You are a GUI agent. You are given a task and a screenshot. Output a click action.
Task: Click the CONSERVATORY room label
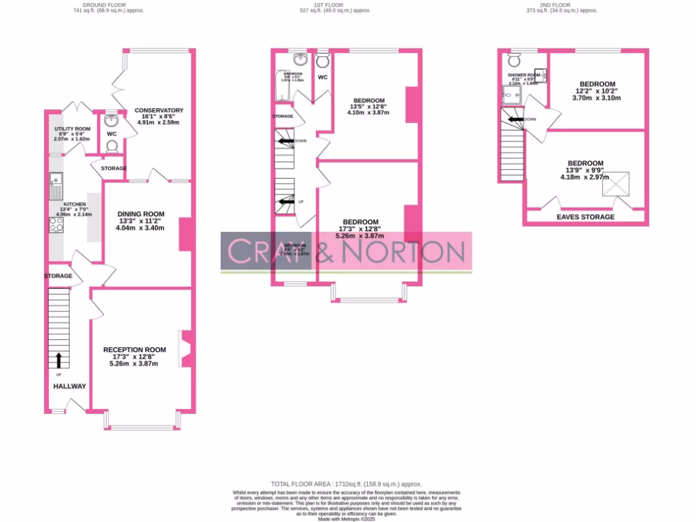(x=159, y=110)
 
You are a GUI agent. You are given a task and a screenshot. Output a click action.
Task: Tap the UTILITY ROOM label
(x=73, y=128)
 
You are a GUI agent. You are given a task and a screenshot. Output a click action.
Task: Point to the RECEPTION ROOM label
(x=135, y=349)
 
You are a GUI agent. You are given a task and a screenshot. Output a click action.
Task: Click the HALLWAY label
(x=70, y=386)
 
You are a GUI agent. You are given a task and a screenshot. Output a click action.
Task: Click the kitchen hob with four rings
(x=56, y=224)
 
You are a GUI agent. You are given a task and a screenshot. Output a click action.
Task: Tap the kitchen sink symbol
(x=55, y=181)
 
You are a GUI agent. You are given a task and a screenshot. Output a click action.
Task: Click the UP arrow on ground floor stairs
(x=58, y=358)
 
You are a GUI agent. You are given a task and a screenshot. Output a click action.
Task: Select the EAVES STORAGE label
(x=585, y=217)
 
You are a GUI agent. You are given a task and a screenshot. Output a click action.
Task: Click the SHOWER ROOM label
(x=523, y=75)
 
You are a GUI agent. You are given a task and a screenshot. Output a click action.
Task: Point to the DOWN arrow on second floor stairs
(x=517, y=119)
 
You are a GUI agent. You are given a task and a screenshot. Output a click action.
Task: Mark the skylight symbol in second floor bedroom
(x=619, y=184)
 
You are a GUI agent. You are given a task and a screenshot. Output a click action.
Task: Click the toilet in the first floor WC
(x=323, y=60)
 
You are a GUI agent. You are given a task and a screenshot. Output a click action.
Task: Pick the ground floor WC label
(x=111, y=134)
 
